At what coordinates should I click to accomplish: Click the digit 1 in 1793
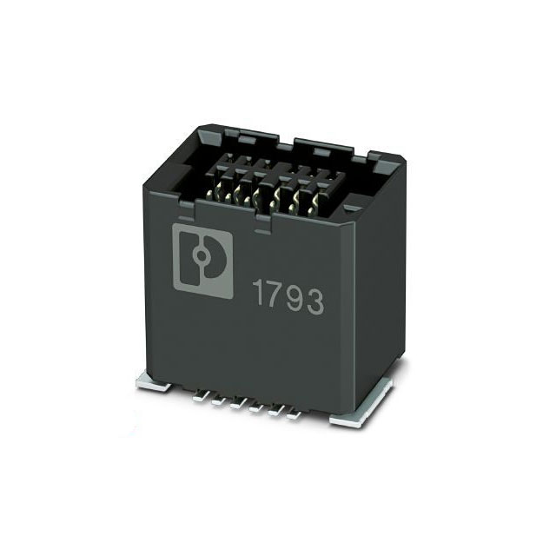tap(258, 294)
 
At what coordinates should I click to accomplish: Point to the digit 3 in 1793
tap(314, 301)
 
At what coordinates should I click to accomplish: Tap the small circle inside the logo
tap(201, 255)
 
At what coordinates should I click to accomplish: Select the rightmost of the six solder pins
tap(294, 415)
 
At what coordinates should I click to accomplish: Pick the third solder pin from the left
tap(237, 405)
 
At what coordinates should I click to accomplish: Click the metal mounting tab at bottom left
tap(153, 384)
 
